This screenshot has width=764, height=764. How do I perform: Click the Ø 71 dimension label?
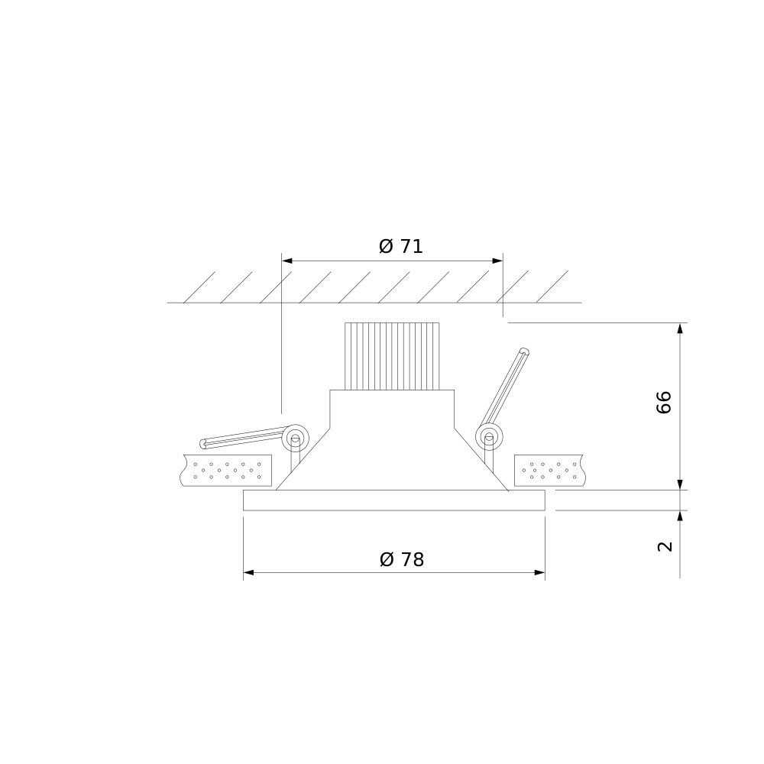click(x=400, y=247)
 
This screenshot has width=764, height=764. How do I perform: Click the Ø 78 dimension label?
click(x=402, y=560)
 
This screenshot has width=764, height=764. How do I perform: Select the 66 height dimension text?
click(x=664, y=403)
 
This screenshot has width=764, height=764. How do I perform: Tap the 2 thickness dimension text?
click(x=665, y=547)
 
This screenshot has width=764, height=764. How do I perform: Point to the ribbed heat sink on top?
click(x=392, y=356)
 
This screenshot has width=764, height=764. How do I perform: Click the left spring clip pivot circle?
click(x=295, y=438)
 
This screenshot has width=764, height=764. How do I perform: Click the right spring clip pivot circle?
click(x=489, y=436)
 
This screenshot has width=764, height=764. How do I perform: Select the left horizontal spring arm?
click(x=242, y=437)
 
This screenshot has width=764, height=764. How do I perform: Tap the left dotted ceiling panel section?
click(x=226, y=470)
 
